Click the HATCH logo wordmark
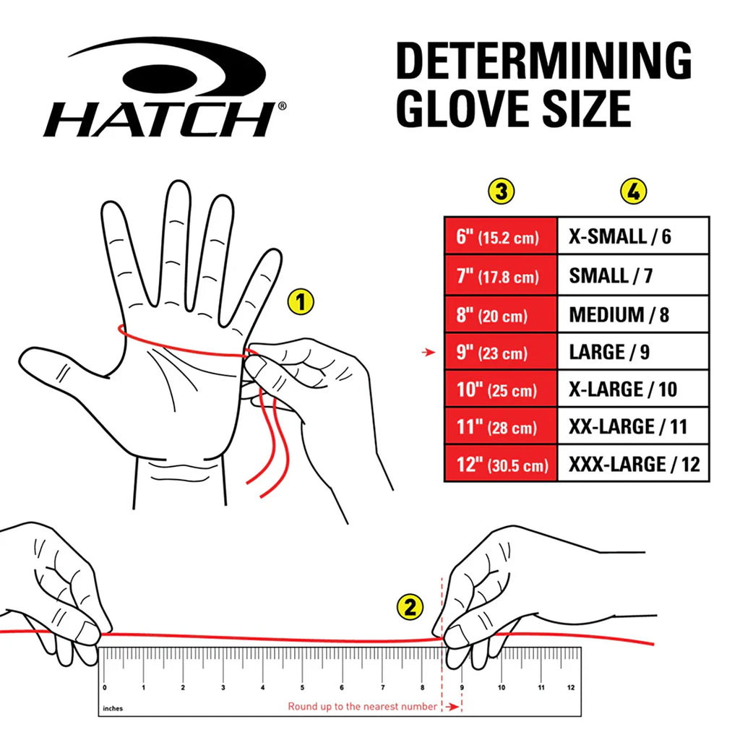160,120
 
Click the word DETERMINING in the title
544,61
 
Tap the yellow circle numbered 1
301,302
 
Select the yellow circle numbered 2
410,607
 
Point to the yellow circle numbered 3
502,192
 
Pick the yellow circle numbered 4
633,192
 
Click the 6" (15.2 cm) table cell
501,236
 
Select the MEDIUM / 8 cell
633,315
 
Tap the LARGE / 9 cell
633,352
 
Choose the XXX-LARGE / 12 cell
633,464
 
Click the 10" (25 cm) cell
501,390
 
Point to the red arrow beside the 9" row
429,352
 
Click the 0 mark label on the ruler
105,687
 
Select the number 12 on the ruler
571,687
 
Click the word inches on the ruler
113,708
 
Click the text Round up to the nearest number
363,707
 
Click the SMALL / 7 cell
633,275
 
